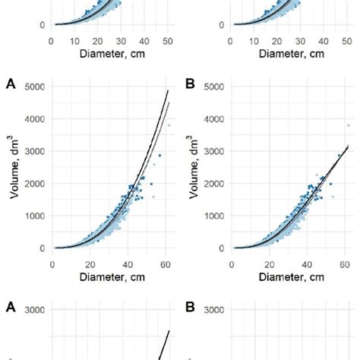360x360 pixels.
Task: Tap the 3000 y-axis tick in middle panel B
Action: point(213,151)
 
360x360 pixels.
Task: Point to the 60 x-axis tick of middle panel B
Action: point(345,264)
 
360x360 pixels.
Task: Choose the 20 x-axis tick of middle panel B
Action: point(269,264)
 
